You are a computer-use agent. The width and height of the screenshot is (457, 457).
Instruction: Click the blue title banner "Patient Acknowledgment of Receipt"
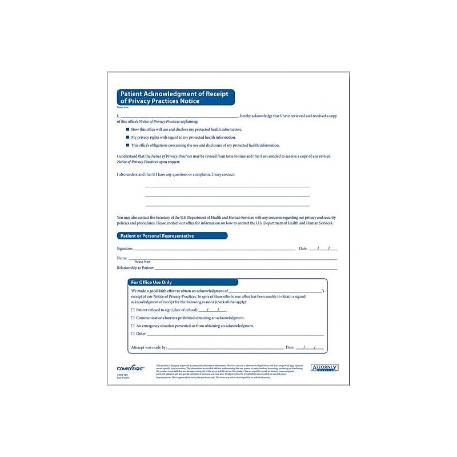[175, 97]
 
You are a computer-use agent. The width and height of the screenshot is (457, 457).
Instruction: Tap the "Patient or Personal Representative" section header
[156, 236]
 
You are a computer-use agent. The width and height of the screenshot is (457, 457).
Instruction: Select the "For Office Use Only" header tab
[151, 282]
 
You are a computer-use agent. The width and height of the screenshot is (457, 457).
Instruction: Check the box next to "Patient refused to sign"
[133, 310]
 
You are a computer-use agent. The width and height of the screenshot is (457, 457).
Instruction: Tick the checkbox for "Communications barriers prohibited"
[133, 318]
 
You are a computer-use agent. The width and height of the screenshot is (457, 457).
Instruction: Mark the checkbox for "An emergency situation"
[133, 326]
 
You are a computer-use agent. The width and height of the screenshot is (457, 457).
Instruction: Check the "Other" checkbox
[133, 334]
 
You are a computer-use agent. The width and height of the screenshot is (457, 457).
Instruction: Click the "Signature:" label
[125, 249]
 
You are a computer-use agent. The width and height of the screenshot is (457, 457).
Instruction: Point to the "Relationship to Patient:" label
[135, 268]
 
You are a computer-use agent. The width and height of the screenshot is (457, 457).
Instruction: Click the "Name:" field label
[122, 259]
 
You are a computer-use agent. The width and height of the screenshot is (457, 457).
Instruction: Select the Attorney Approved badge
[324, 367]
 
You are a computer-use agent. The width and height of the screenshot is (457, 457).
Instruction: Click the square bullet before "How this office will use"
[127, 130]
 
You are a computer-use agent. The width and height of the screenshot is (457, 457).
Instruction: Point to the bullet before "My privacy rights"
[127, 138]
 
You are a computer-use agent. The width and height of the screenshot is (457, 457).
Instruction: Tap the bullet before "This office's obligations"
[127, 146]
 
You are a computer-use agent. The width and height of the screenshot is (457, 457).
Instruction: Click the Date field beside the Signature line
[323, 249]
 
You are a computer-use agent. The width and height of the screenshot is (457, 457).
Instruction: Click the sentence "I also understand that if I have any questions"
[175, 174]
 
